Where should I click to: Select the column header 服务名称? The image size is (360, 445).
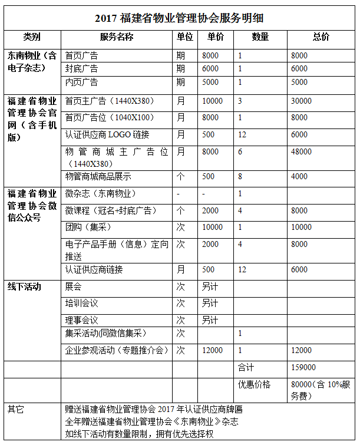click(117, 37)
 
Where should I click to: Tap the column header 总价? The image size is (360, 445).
click(321, 37)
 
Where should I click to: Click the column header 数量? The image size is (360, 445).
click(260, 37)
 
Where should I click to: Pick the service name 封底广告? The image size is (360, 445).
click(81, 69)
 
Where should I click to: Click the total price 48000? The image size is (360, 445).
click(301, 151)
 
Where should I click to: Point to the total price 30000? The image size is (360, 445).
click(301, 101)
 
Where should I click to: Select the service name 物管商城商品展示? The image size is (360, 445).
click(98, 176)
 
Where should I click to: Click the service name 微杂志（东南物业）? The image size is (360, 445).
click(101, 194)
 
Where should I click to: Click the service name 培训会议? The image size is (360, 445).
click(81, 304)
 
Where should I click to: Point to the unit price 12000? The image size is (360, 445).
click(212, 350)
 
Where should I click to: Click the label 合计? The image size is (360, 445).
click(246, 367)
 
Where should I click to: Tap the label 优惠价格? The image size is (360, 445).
click(254, 384)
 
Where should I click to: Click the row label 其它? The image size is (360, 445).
click(16, 408)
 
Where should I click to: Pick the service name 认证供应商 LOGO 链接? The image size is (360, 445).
click(108, 134)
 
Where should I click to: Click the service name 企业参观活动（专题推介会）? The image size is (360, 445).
click(117, 350)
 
